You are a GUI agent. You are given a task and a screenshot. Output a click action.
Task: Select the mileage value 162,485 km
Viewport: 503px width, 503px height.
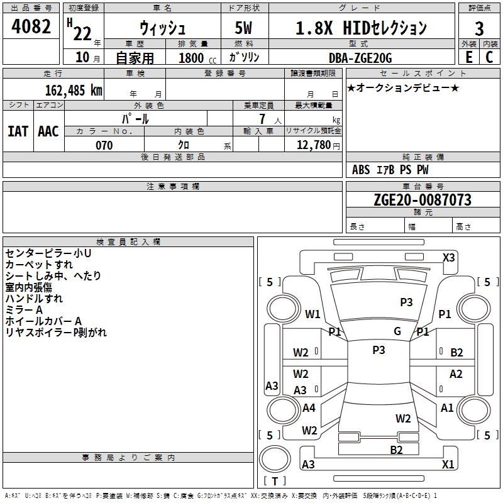(x=74, y=90)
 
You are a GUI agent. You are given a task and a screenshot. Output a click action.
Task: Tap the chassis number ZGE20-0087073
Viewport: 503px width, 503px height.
(x=422, y=200)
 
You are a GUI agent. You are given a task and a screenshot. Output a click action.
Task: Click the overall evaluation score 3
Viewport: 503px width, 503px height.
(x=479, y=29)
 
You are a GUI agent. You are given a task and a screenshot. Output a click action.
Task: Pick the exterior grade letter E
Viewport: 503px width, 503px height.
(x=468, y=57)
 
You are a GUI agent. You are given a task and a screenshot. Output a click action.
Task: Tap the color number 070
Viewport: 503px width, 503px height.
(x=104, y=145)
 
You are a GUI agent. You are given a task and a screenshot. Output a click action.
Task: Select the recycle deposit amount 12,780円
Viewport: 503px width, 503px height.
(x=318, y=145)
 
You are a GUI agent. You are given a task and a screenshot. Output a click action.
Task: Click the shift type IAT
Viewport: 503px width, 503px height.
(x=18, y=131)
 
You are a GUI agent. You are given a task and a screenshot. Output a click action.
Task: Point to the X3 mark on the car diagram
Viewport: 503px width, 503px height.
(x=448, y=258)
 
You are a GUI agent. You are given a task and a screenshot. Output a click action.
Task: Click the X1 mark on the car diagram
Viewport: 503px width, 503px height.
(x=448, y=465)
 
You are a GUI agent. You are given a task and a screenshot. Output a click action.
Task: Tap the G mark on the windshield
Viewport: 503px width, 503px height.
(x=397, y=331)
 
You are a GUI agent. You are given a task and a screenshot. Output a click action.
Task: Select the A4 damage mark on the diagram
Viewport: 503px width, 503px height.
(x=309, y=408)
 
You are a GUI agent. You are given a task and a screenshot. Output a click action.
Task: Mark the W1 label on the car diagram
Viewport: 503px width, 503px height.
(x=312, y=314)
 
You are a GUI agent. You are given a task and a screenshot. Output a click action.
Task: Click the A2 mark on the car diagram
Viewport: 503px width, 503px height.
(x=456, y=374)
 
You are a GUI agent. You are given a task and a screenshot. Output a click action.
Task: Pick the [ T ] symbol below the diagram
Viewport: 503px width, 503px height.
(x=274, y=481)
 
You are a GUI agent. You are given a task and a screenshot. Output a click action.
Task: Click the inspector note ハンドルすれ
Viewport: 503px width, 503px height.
(x=34, y=299)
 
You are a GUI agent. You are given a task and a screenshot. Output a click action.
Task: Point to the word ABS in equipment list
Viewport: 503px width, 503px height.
(x=361, y=170)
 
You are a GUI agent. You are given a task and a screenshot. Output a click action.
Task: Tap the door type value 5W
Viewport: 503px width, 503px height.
(x=243, y=28)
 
